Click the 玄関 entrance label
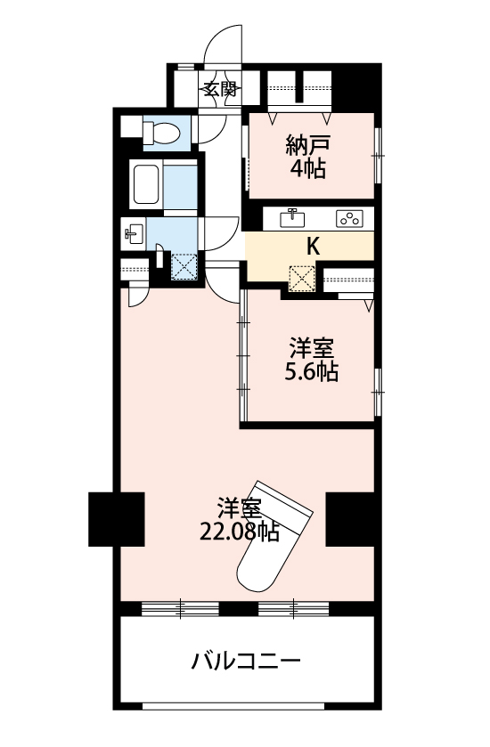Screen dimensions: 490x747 click(220, 89)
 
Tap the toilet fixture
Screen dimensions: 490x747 click(160, 133)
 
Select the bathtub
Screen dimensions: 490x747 click(146, 184)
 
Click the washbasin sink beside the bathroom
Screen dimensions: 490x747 click(133, 234)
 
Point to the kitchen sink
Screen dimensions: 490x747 click(292, 219)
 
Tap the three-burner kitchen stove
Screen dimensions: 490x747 click(349, 219)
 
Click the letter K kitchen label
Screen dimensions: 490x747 click(312, 247)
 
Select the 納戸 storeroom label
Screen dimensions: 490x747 click(308, 146)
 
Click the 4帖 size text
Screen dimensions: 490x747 click(308, 168)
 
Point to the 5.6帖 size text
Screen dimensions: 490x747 click(311, 371)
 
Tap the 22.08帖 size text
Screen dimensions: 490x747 click(239, 532)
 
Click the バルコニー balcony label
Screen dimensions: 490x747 click(246, 661)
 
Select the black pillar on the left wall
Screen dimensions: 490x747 click(117, 519)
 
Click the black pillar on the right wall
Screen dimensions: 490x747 click(353, 519)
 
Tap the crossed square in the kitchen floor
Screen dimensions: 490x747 click(302, 279)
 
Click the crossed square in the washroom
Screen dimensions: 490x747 click(184, 267)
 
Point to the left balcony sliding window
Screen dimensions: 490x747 click(180, 609)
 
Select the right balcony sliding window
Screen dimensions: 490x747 click(294, 609)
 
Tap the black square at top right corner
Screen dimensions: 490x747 click(356, 86)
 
